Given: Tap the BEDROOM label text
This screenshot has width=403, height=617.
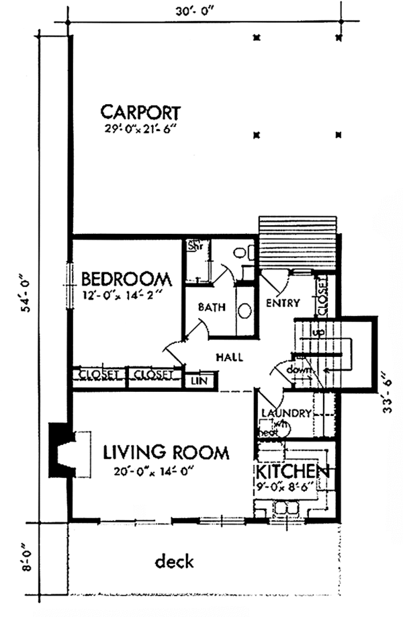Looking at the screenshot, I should point(126,278).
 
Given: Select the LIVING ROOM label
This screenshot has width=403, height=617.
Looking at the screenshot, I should point(166,452).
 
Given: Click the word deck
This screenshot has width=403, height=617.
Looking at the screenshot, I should point(174,561).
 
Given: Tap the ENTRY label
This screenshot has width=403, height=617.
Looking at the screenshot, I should point(282,302).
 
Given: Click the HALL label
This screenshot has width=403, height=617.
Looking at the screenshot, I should point(229,358).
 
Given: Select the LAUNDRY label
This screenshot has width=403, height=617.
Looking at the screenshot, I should point(285,413).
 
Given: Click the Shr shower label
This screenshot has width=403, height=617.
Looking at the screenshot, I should point(194,245).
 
